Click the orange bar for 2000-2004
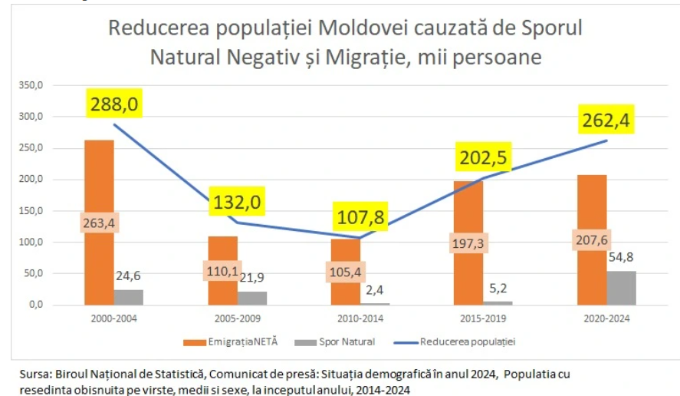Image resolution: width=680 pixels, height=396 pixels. click(99, 184)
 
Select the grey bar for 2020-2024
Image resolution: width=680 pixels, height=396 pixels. click(622, 288)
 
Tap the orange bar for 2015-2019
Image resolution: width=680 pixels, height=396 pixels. click(468, 207)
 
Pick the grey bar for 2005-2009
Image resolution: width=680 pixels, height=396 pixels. click(252, 298)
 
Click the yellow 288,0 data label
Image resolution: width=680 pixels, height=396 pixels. click(114, 104)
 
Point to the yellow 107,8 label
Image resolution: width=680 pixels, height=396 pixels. click(360, 218)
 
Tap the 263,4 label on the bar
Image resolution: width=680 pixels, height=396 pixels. click(99, 223)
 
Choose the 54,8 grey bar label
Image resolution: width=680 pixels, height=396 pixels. click(622, 256)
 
